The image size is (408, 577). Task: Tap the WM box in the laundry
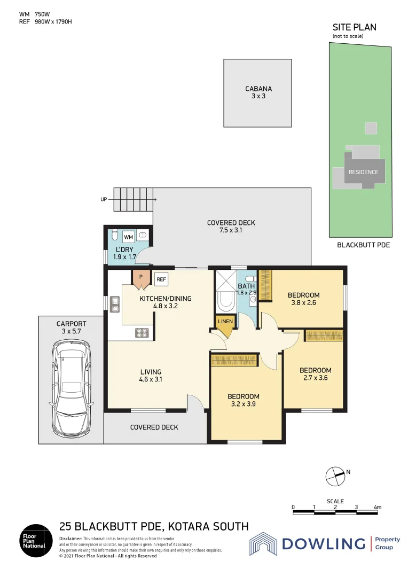coord(129,236)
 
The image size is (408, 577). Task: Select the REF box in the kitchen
coord(161,279)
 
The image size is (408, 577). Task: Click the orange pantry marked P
coord(141,278)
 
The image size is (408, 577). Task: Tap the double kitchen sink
coord(115,305)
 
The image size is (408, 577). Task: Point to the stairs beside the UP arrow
coord(134,200)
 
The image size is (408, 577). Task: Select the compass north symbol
coord(335,474)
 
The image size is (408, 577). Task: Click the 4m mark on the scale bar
coord(378,507)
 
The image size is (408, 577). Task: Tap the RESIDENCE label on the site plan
coord(363,172)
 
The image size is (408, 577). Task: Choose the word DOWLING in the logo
coord(323,544)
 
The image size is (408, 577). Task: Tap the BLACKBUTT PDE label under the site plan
coord(363,245)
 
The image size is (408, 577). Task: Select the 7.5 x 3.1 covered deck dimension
coord(231,231)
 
